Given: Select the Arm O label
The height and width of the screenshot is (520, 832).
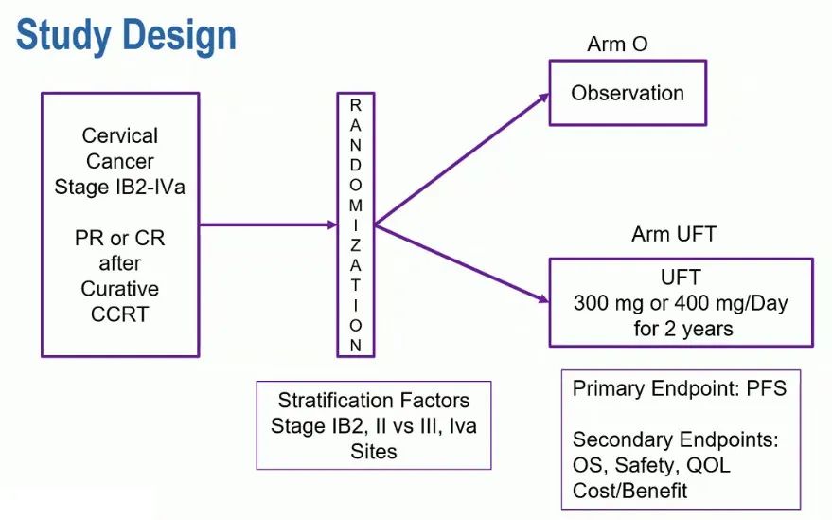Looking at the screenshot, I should pos(618,45).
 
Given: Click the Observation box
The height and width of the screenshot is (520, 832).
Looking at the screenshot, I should pos(627,93).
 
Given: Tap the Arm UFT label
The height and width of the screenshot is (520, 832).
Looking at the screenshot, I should pos(674,234).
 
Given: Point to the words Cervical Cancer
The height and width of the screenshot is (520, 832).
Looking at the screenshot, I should pos(120,149).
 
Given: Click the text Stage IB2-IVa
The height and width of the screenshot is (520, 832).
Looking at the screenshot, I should pos(120,187).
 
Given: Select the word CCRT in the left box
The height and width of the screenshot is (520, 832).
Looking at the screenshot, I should pos(120,314).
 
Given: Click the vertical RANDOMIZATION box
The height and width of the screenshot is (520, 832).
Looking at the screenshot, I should pos(355,224).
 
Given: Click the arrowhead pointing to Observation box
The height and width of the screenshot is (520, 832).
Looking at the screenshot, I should pos(543,96).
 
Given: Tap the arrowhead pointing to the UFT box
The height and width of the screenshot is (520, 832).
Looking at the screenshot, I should pos(543,300).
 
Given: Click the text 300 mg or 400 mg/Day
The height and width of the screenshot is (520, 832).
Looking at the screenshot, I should pos(680,304).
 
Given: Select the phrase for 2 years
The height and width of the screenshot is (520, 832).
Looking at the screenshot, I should pos(680,329).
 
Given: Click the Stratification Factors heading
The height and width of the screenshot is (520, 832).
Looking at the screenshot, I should pos(373,400).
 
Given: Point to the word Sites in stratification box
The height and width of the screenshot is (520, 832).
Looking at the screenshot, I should pos(373,451).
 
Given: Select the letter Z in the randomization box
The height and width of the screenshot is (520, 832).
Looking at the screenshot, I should pos(355,242).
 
